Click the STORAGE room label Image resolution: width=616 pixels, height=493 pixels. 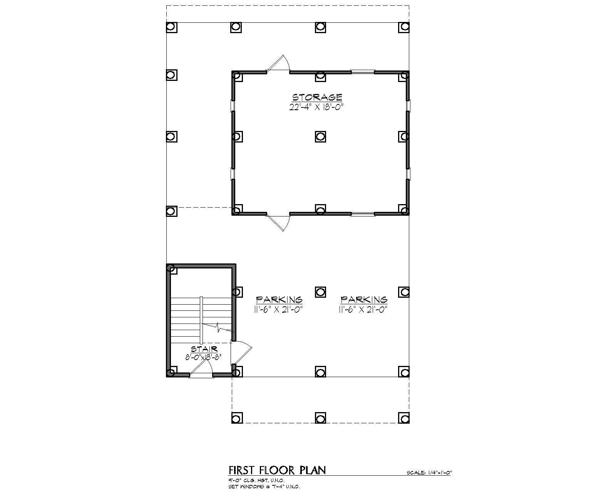[x=317, y=97]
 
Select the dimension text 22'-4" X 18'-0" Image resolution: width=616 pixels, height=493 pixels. [x=316, y=107]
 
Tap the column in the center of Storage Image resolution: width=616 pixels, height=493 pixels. [x=320, y=136]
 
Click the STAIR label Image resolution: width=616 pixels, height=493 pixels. [x=204, y=349]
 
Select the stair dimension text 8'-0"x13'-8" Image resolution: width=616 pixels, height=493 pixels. [x=203, y=357]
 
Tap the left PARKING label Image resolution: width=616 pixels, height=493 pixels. [x=279, y=299]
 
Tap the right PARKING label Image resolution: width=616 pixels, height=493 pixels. [x=364, y=299]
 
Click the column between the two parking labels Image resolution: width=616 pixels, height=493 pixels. [x=320, y=292]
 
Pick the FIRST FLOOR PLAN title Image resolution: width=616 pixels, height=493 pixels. [x=277, y=470]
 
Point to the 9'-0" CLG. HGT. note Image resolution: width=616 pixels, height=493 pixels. [x=256, y=480]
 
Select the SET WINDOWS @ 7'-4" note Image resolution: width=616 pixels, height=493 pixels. [x=264, y=486]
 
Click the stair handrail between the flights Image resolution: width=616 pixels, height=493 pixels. [x=201, y=320]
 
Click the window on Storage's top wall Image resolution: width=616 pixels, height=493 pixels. [x=362, y=72]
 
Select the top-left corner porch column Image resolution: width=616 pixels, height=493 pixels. [x=171, y=27]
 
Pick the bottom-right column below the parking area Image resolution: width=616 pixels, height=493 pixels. [x=403, y=418]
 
